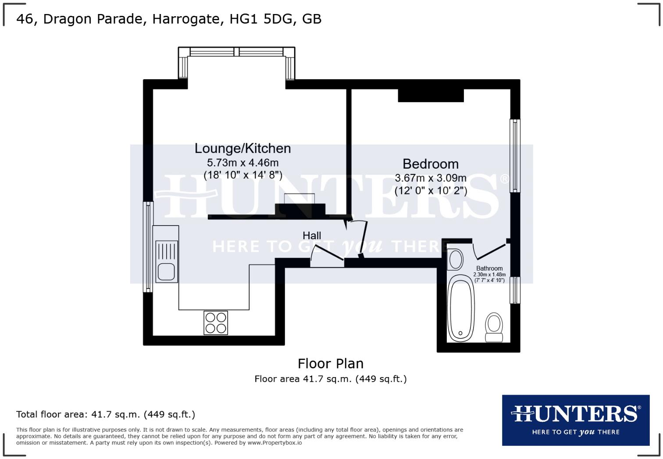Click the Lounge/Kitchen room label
point(242,148)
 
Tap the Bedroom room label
point(430,164)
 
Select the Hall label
point(312,236)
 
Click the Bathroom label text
point(489,268)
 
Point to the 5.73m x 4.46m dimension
point(242,163)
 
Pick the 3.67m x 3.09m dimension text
point(430,178)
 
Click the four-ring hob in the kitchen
point(216,323)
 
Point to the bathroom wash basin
point(456,259)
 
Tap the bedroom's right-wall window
point(514,155)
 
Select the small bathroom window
point(514,290)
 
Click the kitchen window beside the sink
point(149,247)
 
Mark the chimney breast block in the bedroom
point(431,95)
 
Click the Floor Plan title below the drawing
point(331,364)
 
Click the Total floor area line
point(106,414)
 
